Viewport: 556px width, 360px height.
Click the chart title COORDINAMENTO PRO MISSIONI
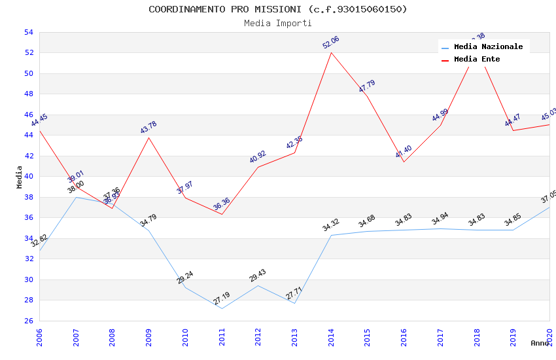click(277, 9)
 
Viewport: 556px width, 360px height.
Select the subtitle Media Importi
click(277, 23)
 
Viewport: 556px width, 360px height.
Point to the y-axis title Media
click(19, 176)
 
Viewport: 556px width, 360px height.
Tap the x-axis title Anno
click(540, 343)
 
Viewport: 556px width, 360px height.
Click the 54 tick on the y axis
click(28, 32)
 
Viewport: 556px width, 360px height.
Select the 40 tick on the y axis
click(28, 176)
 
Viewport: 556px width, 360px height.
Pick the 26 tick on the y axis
click(28, 321)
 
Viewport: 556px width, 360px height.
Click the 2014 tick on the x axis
click(331, 337)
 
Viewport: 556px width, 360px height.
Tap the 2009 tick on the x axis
click(148, 337)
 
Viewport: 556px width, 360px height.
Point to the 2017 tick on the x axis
click(440, 337)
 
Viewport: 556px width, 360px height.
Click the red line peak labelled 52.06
click(331, 52)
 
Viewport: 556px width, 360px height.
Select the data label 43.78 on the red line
click(148, 127)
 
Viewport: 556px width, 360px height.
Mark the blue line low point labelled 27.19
click(222, 308)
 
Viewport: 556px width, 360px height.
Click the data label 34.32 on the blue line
click(331, 225)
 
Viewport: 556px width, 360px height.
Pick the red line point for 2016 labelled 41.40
click(404, 162)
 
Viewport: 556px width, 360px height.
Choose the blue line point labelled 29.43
click(258, 285)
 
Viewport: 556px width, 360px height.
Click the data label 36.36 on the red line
click(221, 204)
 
